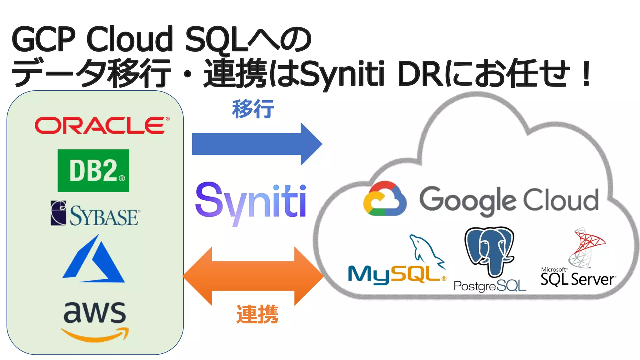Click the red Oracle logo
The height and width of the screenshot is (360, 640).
pyautogui.click(x=102, y=125)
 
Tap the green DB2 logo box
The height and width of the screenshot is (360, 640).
pyautogui.click(x=93, y=170)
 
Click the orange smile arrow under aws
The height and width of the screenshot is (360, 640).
pyautogui.click(x=95, y=335)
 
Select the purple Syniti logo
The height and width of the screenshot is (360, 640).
pyautogui.click(x=250, y=202)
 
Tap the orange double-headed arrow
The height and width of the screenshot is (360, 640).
pyautogui.click(x=253, y=276)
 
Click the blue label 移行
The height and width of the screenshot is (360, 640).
pyautogui.click(x=253, y=109)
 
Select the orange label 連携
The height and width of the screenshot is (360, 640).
pyautogui.click(x=257, y=314)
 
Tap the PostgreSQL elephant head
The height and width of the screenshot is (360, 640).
pyautogui.click(x=489, y=250)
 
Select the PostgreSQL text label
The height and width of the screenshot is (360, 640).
pyautogui.click(x=490, y=286)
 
